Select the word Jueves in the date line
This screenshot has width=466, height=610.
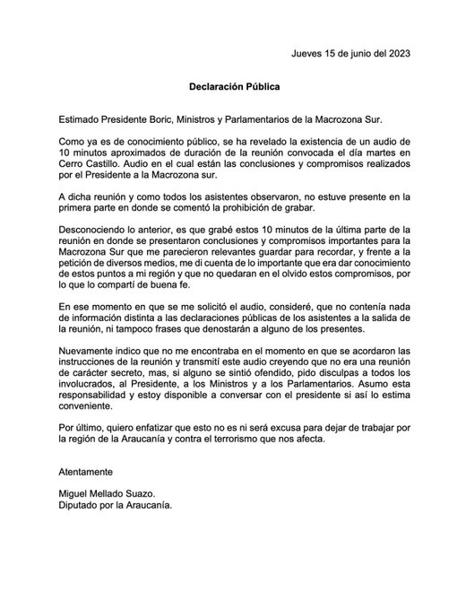click(x=310, y=54)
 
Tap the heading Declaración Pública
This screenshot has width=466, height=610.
click(x=234, y=88)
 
